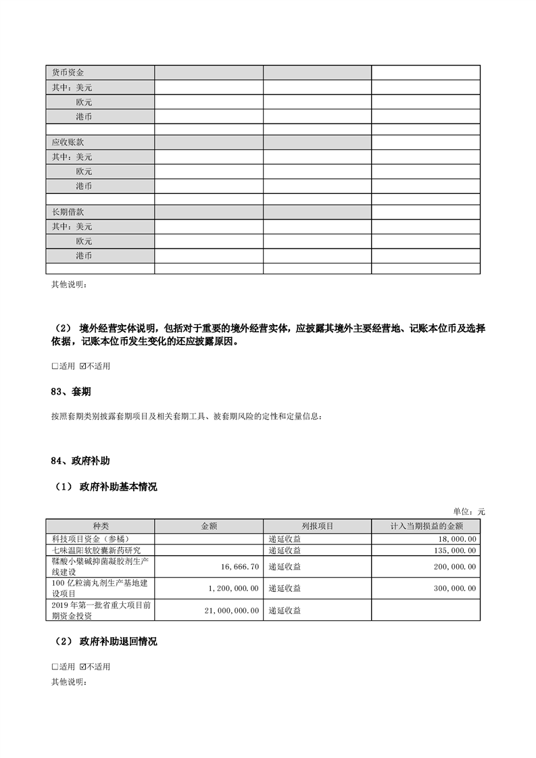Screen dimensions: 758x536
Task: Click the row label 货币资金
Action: pos(68,72)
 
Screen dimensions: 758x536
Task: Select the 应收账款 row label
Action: pos(68,143)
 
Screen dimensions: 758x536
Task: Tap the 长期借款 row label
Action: pos(68,212)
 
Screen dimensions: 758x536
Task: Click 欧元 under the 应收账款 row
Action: pos(84,171)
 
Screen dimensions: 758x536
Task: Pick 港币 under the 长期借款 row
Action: pos(84,255)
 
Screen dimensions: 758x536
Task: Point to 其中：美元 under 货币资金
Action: pos(72,87)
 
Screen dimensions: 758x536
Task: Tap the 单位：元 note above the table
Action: pos(468,511)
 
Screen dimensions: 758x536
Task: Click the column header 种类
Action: pos(100,526)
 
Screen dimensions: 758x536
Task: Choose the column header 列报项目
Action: pos(317,526)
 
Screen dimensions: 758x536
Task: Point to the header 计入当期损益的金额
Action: pos(426,526)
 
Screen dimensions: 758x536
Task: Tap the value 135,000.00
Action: pos(454,550)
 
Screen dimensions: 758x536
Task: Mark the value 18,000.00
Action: pos(457,538)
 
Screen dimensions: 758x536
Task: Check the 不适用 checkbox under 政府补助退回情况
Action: pos(83,667)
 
